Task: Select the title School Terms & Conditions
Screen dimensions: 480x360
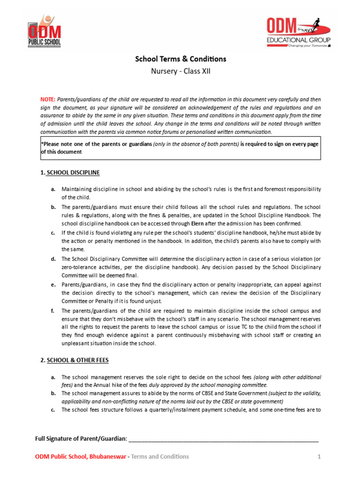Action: pos(180,59)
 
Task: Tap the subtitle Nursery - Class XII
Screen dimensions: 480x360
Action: pos(180,71)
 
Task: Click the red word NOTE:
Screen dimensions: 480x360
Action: pos(47,99)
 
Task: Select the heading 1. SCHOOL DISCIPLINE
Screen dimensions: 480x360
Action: pos(70,172)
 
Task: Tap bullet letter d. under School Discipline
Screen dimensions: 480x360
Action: pos(53,259)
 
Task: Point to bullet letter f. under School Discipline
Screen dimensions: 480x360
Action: pos(53,311)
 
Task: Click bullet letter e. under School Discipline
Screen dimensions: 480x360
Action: pos(53,285)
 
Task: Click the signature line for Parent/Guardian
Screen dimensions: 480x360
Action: pos(223,439)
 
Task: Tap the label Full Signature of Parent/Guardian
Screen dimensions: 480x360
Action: pos(81,439)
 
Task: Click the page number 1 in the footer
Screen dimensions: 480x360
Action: pos(319,457)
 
